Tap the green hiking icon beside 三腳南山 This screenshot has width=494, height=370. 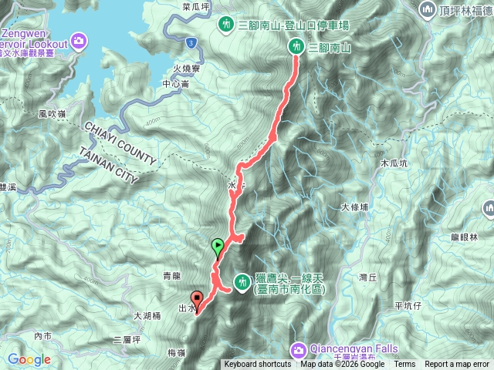tap(295, 47)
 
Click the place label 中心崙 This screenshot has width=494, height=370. tap(175, 84)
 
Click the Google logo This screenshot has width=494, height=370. tap(29, 359)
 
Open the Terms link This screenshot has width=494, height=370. tap(404, 365)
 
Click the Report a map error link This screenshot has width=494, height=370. tap(457, 365)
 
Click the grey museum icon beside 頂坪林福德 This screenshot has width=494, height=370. tap(427, 11)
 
